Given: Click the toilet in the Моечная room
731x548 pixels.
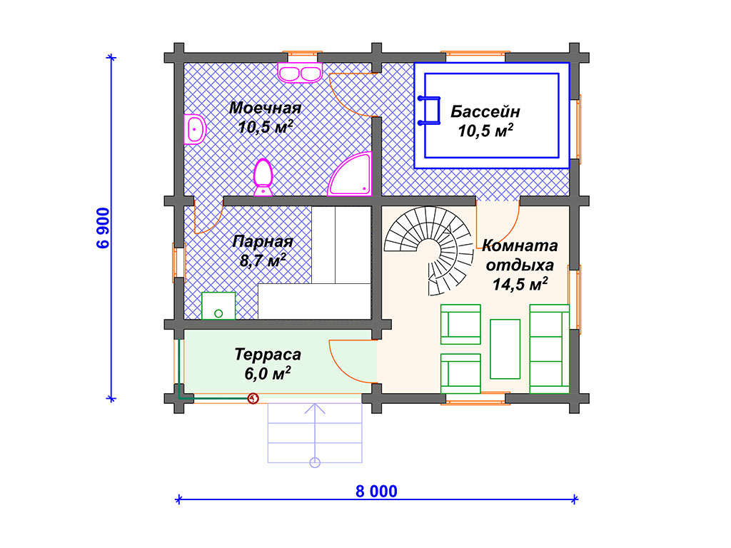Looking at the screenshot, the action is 263,178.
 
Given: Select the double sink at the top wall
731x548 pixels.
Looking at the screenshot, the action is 301,73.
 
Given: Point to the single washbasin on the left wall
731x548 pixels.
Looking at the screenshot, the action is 194,129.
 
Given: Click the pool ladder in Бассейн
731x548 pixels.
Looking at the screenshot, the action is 429,111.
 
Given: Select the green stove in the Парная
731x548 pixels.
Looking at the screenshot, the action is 218,305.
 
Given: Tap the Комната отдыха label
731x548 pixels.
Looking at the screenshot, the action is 520,255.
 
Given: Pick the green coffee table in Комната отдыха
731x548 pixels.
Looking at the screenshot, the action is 505,349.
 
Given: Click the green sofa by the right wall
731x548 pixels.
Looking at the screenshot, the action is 549,349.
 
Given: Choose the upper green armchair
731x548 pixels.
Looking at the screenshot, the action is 460,325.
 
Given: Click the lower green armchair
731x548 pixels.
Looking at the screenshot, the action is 460,374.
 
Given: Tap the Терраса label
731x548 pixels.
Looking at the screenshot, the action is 268,354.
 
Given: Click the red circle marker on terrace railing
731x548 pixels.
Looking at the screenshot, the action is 253,398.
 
